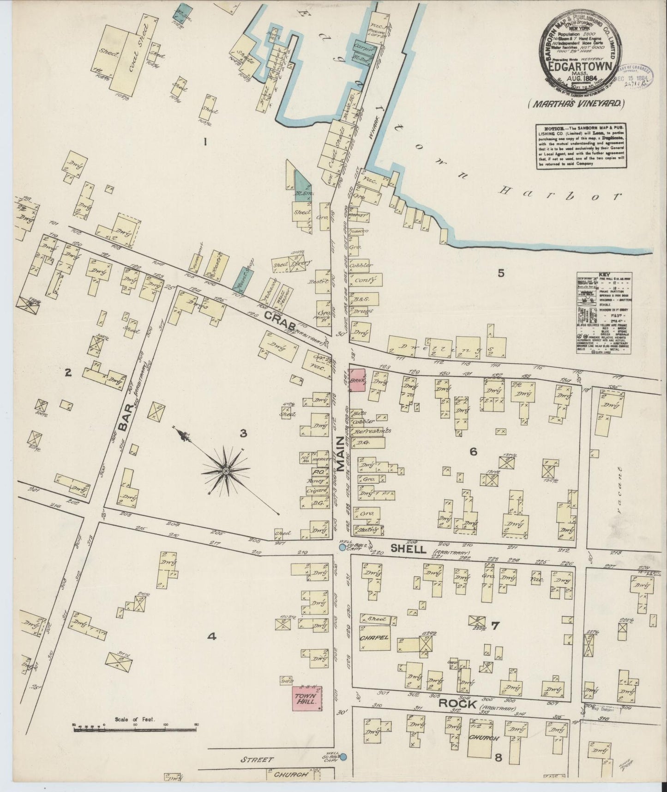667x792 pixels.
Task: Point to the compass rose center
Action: coord(226,470)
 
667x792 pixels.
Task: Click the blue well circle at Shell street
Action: coord(342,547)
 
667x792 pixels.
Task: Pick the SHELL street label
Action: coord(408,548)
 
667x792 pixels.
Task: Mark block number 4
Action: coord(211,637)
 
